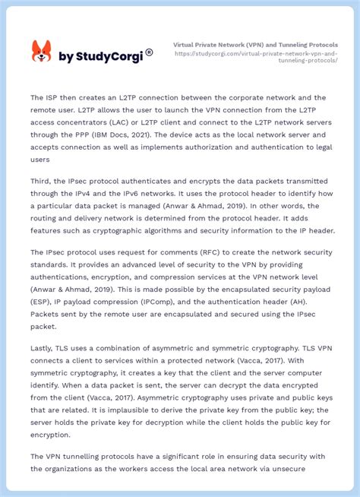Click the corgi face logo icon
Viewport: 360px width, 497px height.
[41, 52]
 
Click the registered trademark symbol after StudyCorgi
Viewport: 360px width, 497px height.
[149, 52]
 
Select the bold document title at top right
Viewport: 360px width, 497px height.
[255, 45]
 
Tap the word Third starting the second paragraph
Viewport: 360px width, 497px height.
[43, 182]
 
